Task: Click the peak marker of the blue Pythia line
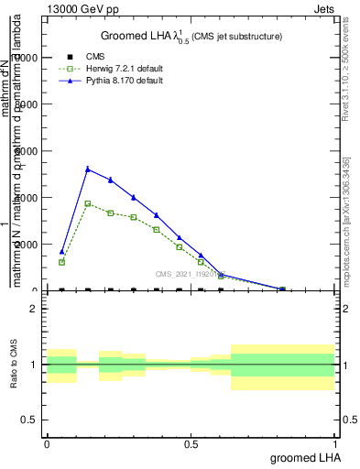88,169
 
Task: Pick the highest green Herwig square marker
88,203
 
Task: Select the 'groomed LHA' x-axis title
302,457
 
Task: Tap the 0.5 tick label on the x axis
191,443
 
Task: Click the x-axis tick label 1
335,443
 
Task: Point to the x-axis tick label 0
47,443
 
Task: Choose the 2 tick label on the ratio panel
33,309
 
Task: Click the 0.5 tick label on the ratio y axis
29,420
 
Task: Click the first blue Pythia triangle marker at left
62,251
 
